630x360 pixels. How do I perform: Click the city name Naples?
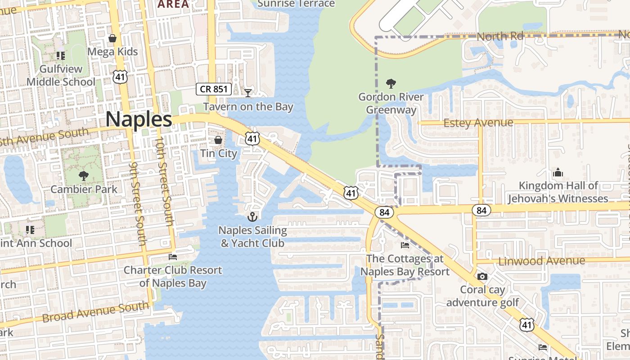139,120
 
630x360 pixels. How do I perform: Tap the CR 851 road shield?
214,89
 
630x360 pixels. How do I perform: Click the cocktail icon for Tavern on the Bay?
247,93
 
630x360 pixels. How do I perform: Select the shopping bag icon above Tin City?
218,140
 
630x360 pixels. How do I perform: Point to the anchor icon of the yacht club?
252,217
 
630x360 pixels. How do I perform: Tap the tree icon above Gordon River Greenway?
391,83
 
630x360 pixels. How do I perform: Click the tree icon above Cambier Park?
83,175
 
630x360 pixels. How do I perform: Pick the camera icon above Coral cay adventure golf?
482,276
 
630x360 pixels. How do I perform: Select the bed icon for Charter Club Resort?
173,257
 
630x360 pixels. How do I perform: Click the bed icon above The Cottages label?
405,245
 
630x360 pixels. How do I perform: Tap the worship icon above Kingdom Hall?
558,172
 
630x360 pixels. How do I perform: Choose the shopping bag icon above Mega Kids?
112,38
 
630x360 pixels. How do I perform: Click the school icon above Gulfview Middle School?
61,56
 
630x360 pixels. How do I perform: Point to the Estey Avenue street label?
478,122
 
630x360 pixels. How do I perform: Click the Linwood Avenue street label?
541,261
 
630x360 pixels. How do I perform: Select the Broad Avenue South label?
95,312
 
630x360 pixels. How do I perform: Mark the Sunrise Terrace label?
297,4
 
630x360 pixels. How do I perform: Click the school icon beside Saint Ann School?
30,230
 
